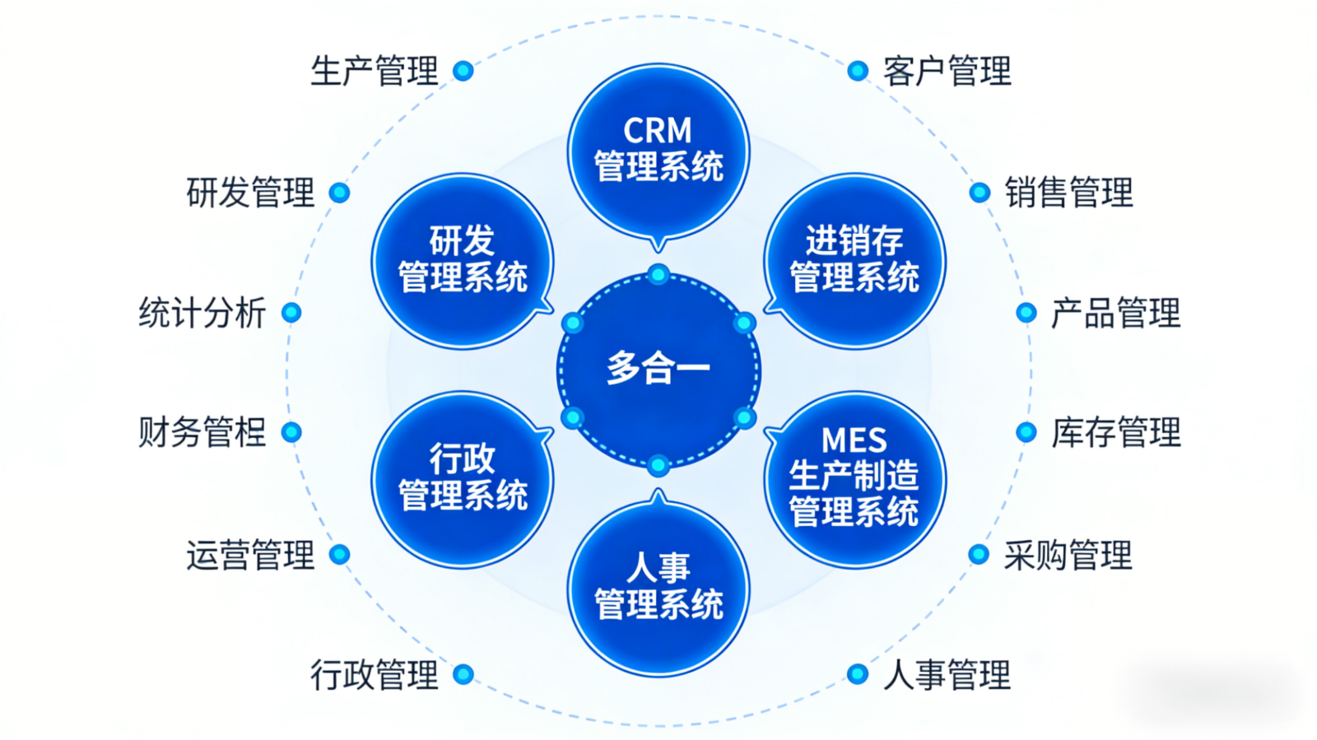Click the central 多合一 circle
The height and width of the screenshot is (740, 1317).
point(658,369)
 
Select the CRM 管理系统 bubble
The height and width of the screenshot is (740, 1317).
point(658,151)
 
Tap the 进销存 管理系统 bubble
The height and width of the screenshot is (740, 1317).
point(854,260)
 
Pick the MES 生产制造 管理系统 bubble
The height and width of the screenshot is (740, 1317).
point(854,477)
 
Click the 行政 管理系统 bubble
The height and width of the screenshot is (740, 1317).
point(463,477)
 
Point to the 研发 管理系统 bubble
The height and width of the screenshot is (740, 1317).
point(463,260)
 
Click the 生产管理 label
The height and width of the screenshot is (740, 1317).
point(375,72)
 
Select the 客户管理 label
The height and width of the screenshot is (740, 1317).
point(947,72)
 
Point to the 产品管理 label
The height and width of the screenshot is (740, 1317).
point(1115,314)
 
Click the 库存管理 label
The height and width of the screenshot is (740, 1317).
point(1115,433)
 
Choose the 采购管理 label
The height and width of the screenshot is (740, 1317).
point(1068,556)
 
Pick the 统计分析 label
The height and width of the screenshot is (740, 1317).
point(202,314)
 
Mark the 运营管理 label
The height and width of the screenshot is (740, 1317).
point(250,556)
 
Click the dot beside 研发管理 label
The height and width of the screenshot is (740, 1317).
point(339,193)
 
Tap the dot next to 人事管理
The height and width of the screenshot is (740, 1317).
point(858,674)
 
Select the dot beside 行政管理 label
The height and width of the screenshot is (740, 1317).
point(463,674)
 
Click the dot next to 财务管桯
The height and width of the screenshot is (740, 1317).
point(291,432)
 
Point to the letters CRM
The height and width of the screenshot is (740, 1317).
point(658,131)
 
